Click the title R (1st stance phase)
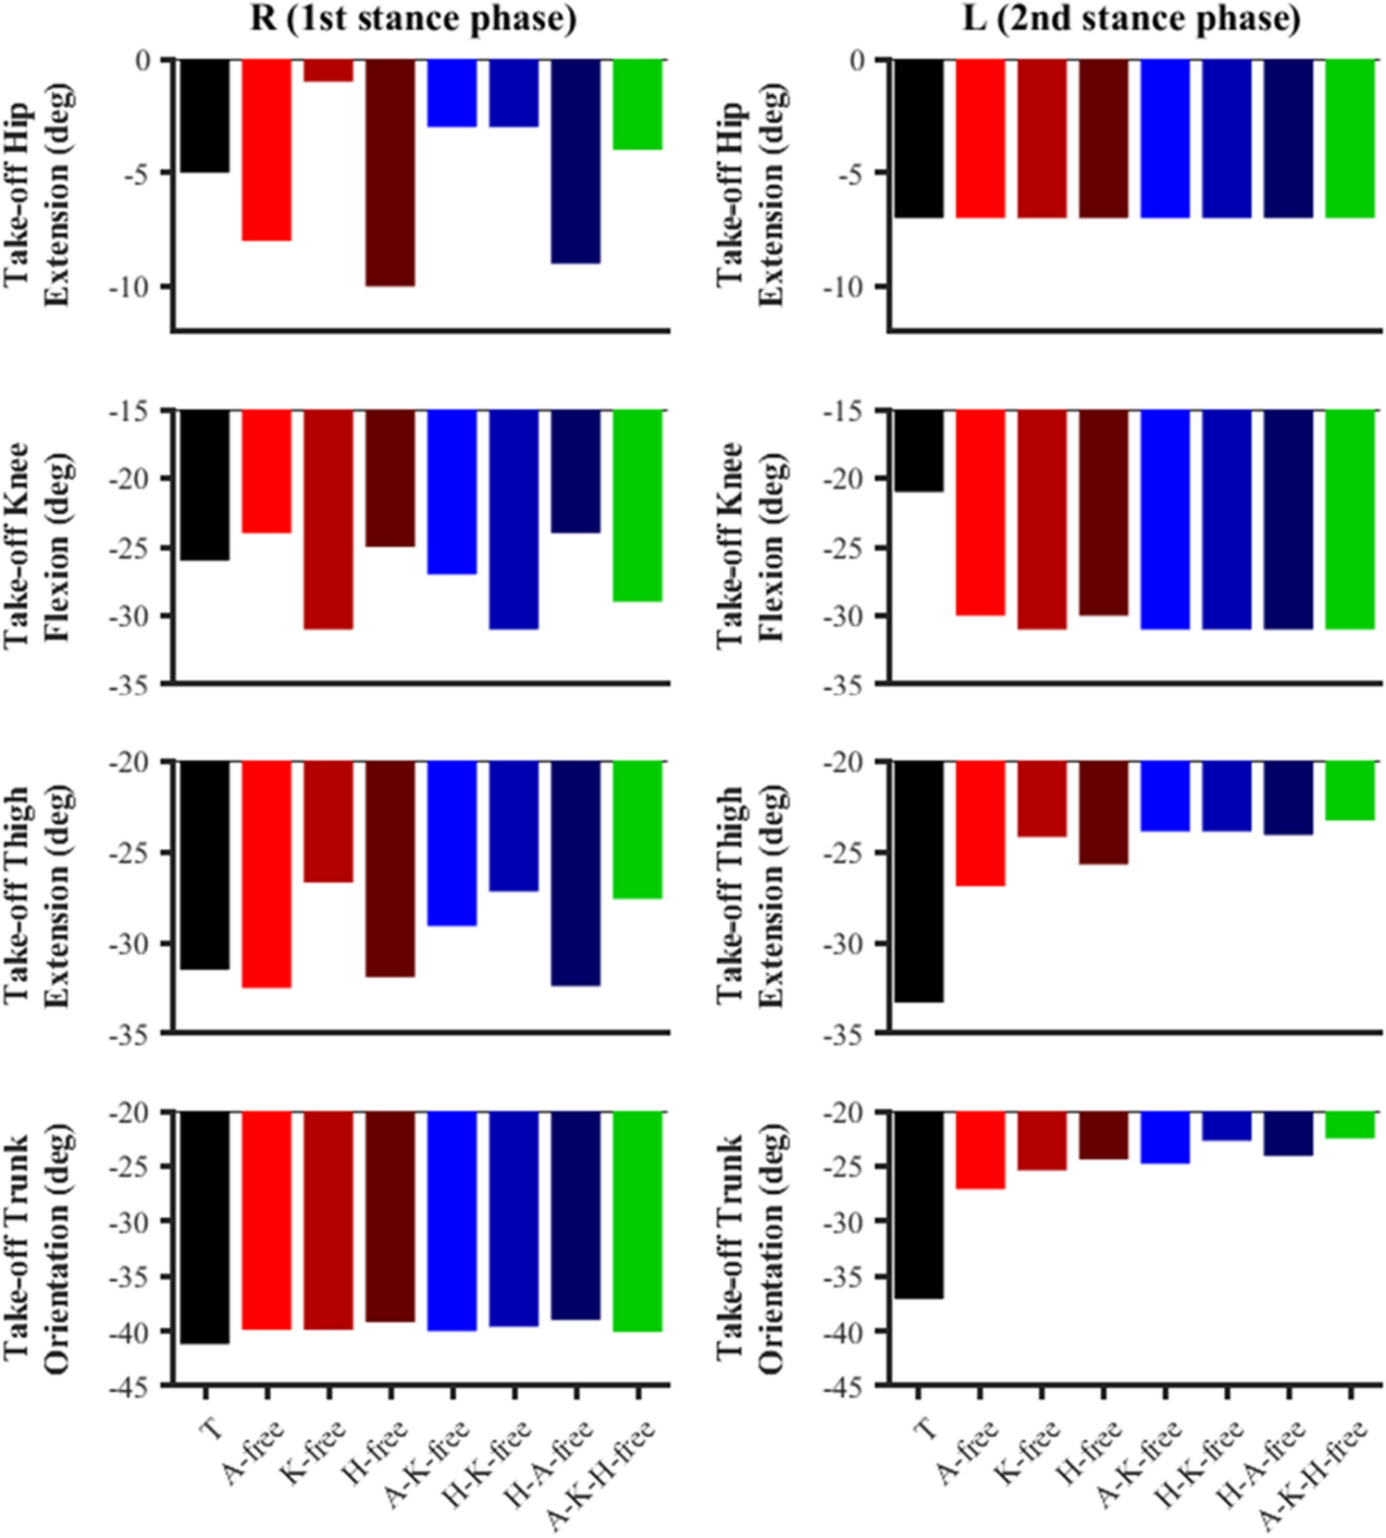pyautogui.click(x=413, y=18)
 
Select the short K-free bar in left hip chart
pyautogui.click(x=328, y=70)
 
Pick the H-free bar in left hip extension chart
pyautogui.click(x=390, y=172)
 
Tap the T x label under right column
pyautogui.click(x=926, y=1430)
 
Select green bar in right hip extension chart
pyautogui.click(x=1350, y=139)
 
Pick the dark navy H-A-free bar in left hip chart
pyautogui.click(x=575, y=161)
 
